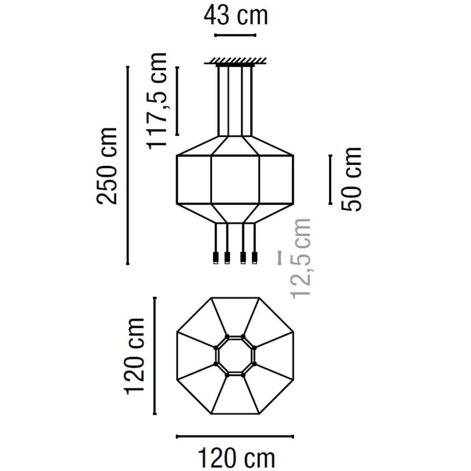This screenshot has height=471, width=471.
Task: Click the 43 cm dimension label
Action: click(235, 16)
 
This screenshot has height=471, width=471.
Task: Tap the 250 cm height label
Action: click(107, 166)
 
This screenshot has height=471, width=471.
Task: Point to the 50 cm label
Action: click(352, 179)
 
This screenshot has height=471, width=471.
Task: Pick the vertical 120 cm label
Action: click(134, 356)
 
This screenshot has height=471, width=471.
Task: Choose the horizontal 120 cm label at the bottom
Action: click(236, 458)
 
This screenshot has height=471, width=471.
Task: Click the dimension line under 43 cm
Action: click(235, 35)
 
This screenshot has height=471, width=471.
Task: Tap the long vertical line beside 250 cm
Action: click(127, 165)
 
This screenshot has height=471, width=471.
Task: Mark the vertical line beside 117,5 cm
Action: click(177, 101)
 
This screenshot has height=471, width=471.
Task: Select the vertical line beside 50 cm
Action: click(331, 179)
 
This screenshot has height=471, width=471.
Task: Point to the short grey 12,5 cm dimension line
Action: click(279, 258)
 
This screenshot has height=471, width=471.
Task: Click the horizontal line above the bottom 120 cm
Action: click(235, 436)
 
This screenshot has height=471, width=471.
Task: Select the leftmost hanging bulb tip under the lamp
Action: click(216, 258)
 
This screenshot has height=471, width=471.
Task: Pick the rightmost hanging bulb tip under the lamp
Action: click(255, 258)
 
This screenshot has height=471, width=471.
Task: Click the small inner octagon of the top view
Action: click(235, 356)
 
